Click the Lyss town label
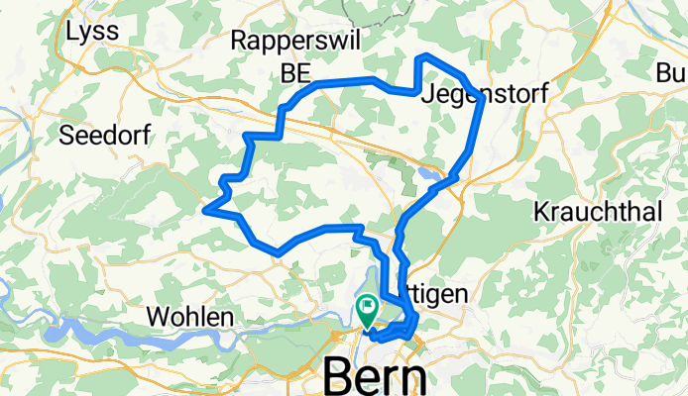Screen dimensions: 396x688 tap(91, 32)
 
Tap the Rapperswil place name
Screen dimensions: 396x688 tap(295, 41)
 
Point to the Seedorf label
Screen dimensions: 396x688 tap(104, 136)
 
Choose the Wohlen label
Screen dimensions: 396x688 tap(189, 317)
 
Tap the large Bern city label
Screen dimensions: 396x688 tap(376, 376)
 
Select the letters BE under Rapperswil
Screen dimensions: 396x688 tap(295, 73)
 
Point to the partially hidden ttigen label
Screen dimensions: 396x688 tap(443, 294)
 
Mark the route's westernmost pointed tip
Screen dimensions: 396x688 tap(205, 209)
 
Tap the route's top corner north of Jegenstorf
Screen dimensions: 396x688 tap(423, 56)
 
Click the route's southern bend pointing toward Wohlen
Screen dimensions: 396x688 tap(280, 252)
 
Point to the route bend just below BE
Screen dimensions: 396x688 tap(284, 107)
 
